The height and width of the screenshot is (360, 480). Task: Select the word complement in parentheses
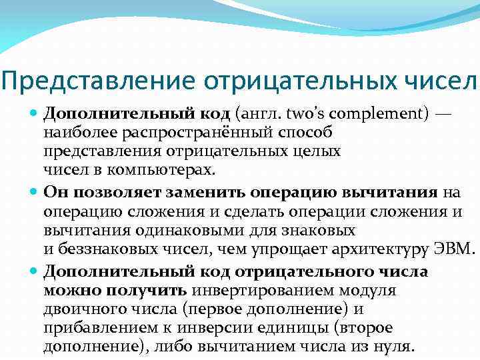coord(364,114)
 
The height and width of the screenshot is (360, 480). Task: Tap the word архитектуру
coord(387,250)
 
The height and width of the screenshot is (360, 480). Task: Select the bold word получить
coord(148,291)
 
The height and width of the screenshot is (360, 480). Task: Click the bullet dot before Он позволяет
coord(35,193)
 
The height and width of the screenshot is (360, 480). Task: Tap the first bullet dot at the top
coord(35,115)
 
